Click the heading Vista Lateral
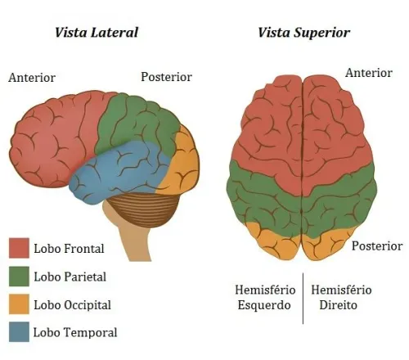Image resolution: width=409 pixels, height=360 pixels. click(x=97, y=33)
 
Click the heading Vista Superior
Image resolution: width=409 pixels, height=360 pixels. click(x=303, y=33)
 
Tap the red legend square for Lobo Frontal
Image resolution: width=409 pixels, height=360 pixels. click(x=19, y=248)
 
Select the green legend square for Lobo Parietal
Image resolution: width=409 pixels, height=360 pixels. click(x=19, y=277)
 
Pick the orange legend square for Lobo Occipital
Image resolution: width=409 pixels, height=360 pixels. click(x=19, y=304)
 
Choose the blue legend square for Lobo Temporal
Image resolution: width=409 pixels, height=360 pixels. click(x=19, y=332)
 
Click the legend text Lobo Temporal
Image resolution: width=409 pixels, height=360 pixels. click(x=75, y=332)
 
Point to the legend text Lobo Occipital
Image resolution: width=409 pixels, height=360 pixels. click(x=72, y=305)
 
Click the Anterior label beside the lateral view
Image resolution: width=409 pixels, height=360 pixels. click(x=32, y=78)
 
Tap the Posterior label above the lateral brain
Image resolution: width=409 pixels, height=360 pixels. click(x=166, y=77)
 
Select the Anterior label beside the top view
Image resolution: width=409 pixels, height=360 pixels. click(x=369, y=73)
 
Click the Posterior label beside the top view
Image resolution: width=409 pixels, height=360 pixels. click(x=377, y=246)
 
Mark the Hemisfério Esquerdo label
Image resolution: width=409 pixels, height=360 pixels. click(x=265, y=297)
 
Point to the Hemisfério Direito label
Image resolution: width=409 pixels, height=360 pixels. click(x=341, y=297)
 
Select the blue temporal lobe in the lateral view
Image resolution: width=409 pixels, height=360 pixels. click(x=120, y=172)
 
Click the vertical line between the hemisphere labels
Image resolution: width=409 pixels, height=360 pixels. click(x=303, y=299)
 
